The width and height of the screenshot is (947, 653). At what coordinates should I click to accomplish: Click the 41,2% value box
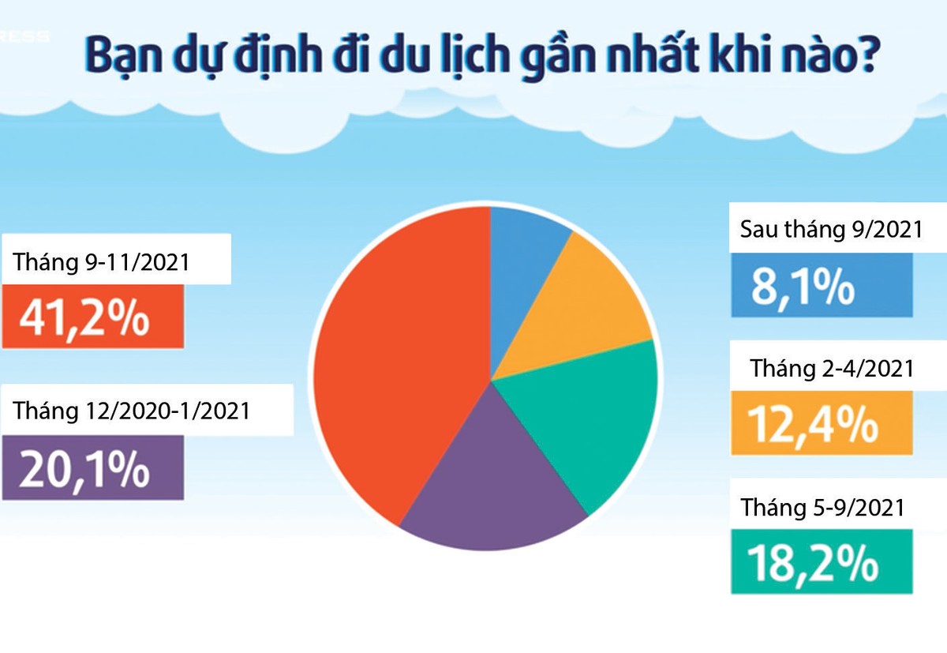click(92, 317)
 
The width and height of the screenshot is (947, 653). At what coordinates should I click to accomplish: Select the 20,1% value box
click(92, 467)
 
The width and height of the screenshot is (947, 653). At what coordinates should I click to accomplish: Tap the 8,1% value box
click(821, 285)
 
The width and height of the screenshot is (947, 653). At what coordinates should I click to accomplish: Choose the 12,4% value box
click(821, 423)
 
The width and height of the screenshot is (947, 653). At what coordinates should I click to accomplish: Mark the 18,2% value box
click(821, 561)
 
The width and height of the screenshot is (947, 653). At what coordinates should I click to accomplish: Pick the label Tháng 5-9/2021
click(822, 507)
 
